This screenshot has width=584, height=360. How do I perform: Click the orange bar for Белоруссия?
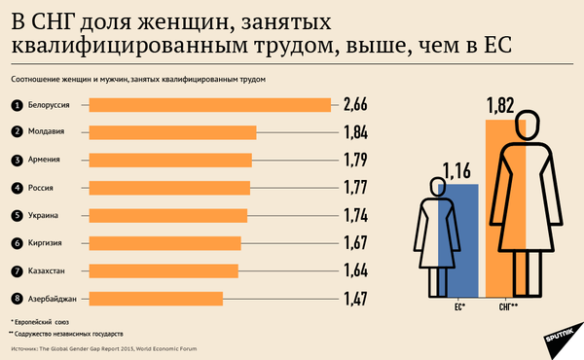[x=209, y=105]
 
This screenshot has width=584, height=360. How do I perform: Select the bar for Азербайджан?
[x=156, y=299]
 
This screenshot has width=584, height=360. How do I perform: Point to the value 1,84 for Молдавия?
[x=354, y=132]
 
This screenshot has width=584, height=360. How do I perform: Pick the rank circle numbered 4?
[x=17, y=188]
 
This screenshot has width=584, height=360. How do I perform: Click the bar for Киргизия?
[x=164, y=243]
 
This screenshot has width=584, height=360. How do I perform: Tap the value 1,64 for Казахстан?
[x=354, y=270]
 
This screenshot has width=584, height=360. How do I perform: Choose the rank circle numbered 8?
[x=17, y=299]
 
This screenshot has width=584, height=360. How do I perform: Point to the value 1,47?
[x=354, y=299]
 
